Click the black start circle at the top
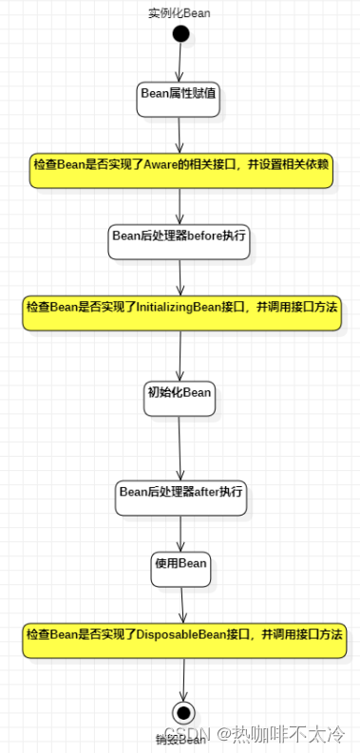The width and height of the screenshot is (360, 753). click(x=180, y=34)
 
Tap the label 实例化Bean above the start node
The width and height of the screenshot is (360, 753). click(x=180, y=12)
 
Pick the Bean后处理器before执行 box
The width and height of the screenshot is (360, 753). click(x=180, y=241)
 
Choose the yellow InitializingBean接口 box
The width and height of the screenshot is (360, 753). click(x=181, y=312)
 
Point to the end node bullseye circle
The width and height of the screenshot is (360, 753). click(x=183, y=712)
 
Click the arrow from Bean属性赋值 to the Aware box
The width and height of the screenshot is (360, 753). click(x=180, y=132)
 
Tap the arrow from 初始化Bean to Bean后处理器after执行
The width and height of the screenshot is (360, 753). click(x=180, y=446)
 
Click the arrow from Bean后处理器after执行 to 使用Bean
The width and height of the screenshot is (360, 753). click(x=180, y=533)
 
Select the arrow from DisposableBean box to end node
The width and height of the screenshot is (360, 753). click(x=183, y=678)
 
